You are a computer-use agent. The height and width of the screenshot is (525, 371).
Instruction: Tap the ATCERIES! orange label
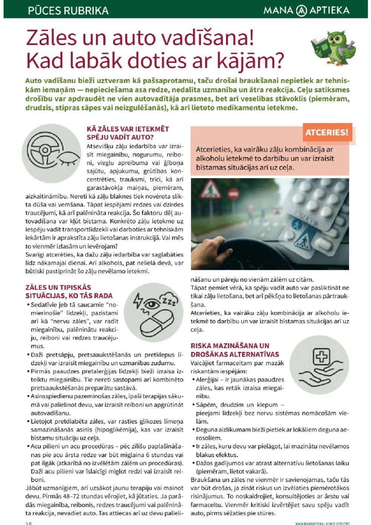click(x=327, y=132)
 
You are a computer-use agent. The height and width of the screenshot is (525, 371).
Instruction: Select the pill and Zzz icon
click(x=153, y=312)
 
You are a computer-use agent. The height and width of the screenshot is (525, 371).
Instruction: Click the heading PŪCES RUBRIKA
click(x=68, y=10)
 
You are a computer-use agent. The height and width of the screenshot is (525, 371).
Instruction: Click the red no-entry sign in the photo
click(x=233, y=194)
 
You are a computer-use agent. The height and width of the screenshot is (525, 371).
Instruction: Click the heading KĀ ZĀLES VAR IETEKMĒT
click(x=128, y=129)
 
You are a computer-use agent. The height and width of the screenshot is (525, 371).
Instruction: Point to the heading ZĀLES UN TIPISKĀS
click(x=58, y=287)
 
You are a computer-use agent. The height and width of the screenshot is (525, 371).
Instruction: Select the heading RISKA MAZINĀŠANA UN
click(x=230, y=346)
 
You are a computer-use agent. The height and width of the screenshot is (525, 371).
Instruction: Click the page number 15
click(x=29, y=523)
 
